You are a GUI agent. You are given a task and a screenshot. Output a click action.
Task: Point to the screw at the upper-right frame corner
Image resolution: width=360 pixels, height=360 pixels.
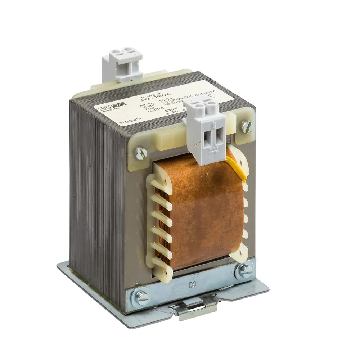(246, 126)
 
